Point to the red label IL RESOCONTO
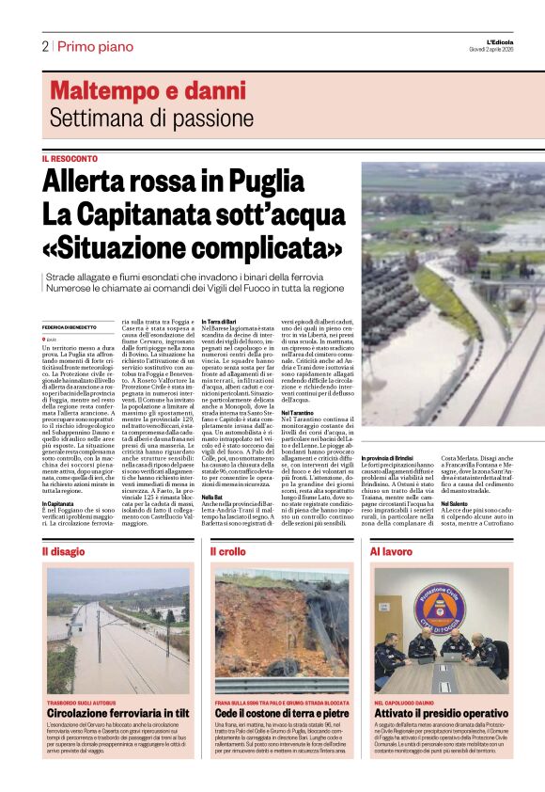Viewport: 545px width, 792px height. [70, 159]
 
